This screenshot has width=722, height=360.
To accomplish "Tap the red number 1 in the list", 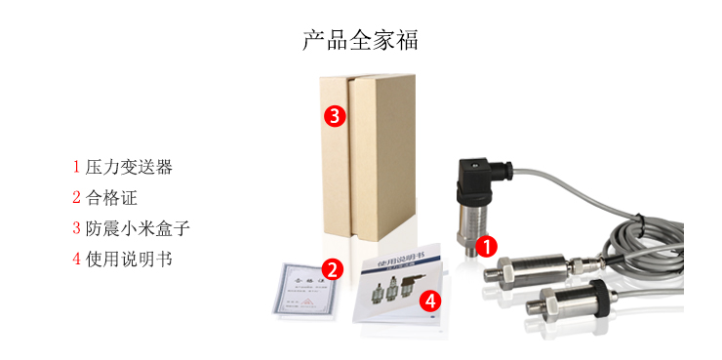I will pos(75,167).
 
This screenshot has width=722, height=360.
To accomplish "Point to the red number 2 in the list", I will pos(75,197).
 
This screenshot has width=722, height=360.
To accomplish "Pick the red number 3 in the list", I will pos(75,228).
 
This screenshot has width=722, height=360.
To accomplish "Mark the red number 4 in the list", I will pos(75,260).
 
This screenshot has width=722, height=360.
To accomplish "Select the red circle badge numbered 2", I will pos(332,269).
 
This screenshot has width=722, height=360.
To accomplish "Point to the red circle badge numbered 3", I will pos(334,116).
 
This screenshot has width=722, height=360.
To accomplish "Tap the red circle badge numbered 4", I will pos(429,300).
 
